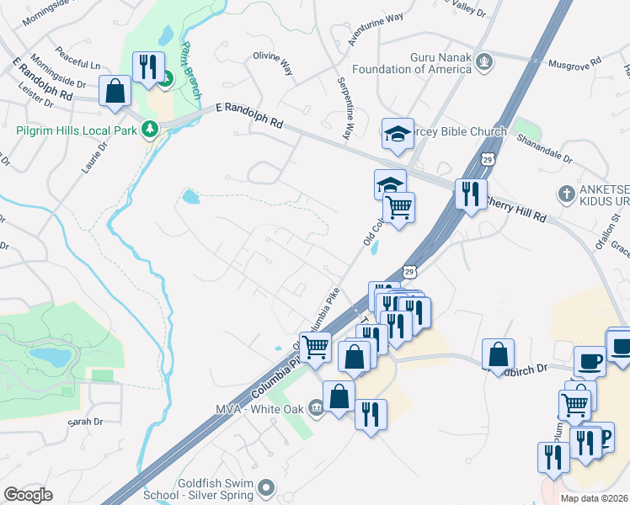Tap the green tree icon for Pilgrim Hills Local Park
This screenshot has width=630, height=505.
pyautogui.click(x=150, y=130)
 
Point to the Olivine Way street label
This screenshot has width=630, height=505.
pyautogui.click(x=272, y=64)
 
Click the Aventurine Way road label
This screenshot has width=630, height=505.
pyautogui.click(x=376, y=29)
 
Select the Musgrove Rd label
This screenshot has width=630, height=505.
pyautogui.click(x=574, y=61)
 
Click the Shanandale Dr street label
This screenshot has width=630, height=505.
pyautogui.click(x=544, y=149)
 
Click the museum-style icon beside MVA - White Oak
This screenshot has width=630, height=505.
pyautogui.click(x=316, y=409)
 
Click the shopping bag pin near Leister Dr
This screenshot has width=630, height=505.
pyautogui.click(x=115, y=92)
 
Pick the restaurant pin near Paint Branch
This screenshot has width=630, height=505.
pyautogui.click(x=148, y=68)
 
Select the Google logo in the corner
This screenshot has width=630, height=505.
pyautogui.click(x=29, y=494)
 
